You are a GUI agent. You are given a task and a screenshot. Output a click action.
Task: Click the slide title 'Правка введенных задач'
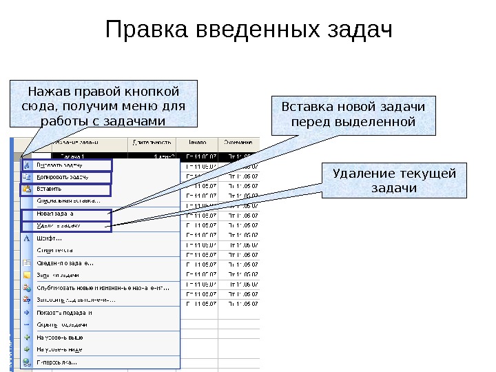248,31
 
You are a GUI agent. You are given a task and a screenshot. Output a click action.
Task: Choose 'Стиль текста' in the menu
55,250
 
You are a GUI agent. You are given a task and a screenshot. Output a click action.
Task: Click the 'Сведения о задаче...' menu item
66,262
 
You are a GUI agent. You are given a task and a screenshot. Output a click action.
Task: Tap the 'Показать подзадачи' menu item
65,312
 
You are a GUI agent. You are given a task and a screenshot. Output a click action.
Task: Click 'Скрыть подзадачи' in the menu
62,324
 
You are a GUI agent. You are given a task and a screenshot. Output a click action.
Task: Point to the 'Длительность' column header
147,143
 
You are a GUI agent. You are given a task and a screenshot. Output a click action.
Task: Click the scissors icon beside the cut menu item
27,165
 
